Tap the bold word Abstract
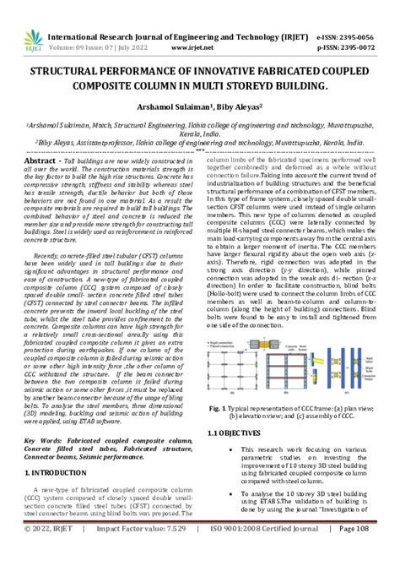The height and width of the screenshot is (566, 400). (x=40, y=160)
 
